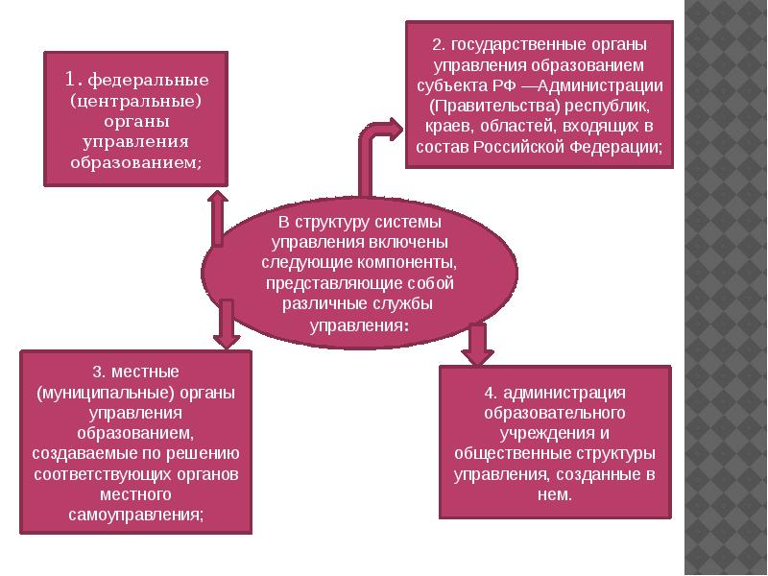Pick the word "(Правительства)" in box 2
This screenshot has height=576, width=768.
click(485, 107)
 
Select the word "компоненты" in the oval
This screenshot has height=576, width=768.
click(404, 262)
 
